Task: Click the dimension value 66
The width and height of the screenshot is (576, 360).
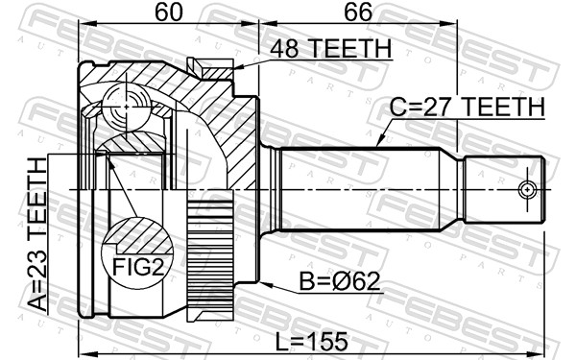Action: click(x=356, y=14)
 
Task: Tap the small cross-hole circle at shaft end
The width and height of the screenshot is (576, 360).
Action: click(x=526, y=190)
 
